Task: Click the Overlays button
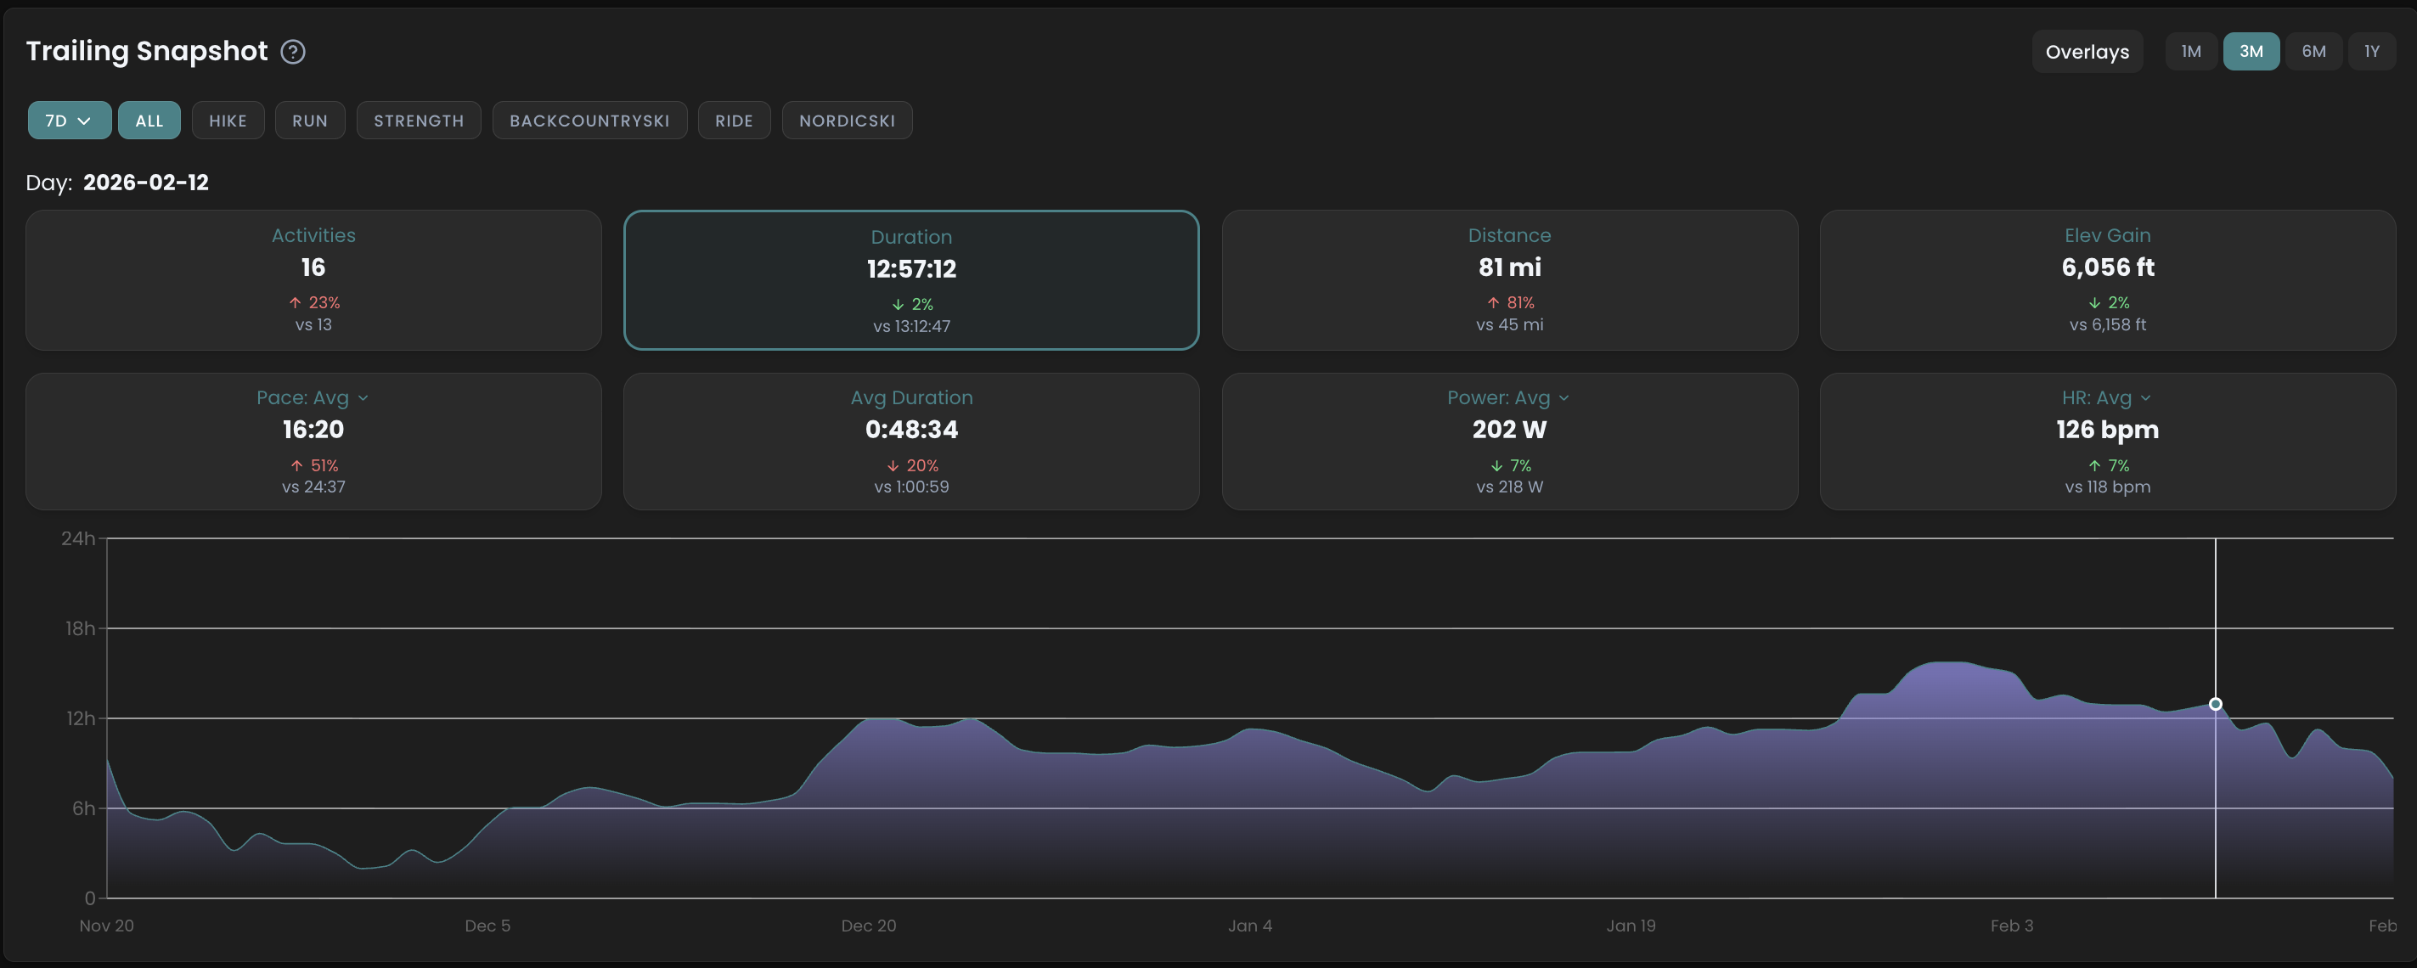[2087, 52]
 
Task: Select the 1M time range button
[2191, 52]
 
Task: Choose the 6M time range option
[2313, 52]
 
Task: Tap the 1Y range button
[2371, 52]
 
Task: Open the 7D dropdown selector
[69, 120]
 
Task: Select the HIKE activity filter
[227, 120]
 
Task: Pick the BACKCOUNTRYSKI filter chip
[589, 120]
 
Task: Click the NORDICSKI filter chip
[847, 120]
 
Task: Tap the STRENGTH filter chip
[419, 120]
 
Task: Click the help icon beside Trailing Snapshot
[293, 52]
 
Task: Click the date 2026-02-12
[145, 182]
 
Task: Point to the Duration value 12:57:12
[911, 269]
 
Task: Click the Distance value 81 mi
[1509, 267]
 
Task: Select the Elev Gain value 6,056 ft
[2106, 267]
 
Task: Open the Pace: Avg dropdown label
[313, 397]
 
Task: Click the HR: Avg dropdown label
[2106, 397]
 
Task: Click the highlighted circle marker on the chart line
[2215, 703]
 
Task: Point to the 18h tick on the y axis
[80, 628]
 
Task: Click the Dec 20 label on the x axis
[868, 926]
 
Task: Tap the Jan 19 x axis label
[1631, 926]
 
